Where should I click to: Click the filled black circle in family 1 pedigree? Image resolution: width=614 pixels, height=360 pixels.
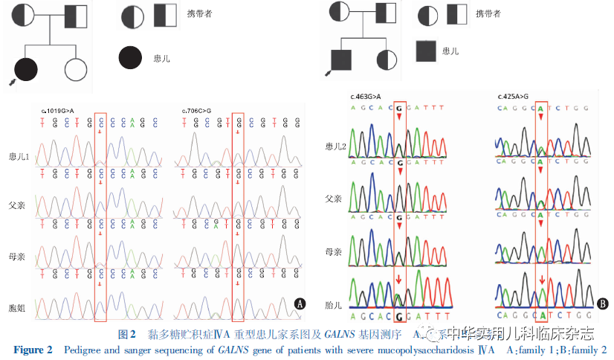(26, 68)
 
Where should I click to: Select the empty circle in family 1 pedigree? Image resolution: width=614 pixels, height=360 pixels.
(77, 68)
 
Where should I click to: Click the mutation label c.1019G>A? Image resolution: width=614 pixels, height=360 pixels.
(57, 111)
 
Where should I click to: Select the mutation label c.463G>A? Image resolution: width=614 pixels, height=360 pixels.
(366, 97)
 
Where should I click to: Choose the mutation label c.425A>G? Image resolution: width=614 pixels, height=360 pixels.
(514, 97)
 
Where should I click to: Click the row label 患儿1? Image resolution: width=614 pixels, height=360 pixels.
(18, 158)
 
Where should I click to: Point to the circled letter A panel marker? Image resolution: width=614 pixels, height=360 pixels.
(300, 303)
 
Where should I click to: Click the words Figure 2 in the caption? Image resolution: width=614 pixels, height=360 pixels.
(33, 350)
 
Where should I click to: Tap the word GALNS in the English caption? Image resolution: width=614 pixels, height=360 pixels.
(233, 350)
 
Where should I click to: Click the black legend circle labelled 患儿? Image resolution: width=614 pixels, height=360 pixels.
(130, 57)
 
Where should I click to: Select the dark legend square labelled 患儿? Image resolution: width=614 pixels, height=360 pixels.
(425, 51)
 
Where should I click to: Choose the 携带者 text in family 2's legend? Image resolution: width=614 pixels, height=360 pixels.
(489, 13)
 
